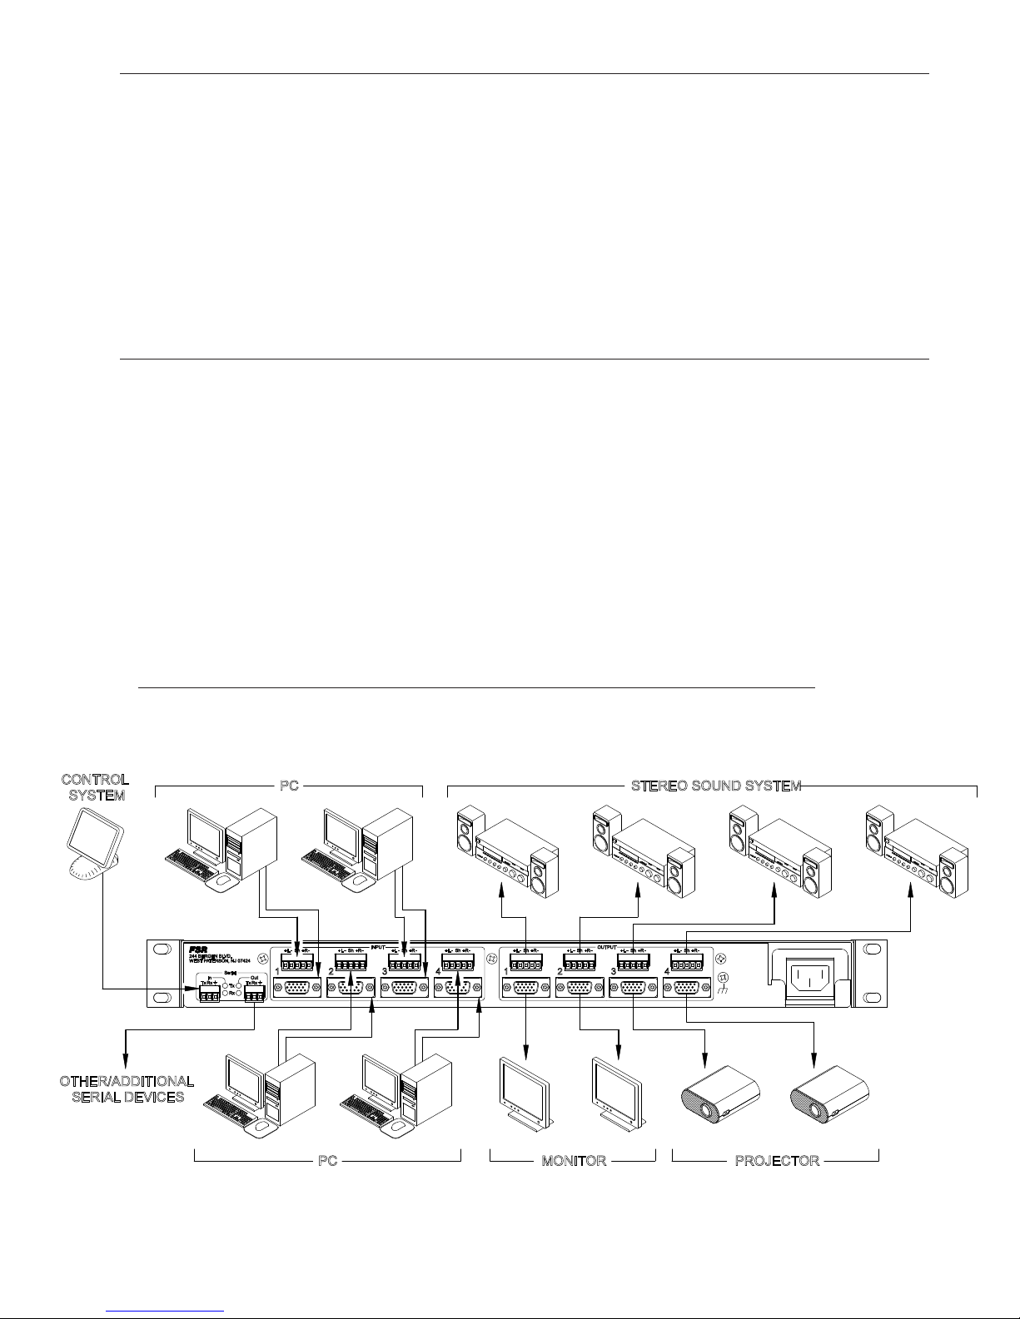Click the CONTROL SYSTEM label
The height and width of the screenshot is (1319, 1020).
click(x=95, y=787)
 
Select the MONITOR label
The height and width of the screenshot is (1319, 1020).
click(x=574, y=1161)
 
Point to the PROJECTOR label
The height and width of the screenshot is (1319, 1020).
click(x=777, y=1161)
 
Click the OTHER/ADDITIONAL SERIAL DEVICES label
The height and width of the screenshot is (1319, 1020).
click(x=126, y=1088)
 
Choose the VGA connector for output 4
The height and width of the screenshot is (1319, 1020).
click(x=687, y=989)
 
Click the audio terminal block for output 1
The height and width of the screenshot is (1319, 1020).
click(x=525, y=966)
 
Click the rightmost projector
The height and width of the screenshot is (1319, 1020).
click(x=828, y=1096)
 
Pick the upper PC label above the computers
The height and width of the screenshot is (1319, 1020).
click(x=289, y=786)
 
